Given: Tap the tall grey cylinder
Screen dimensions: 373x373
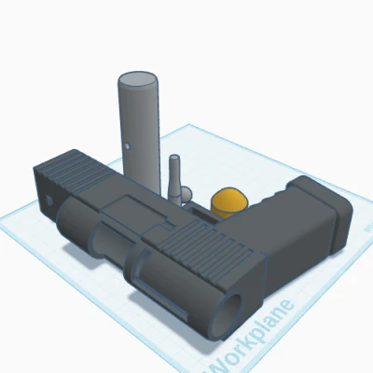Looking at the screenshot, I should [140, 131].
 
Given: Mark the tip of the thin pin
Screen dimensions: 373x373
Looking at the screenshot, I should [173, 159].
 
